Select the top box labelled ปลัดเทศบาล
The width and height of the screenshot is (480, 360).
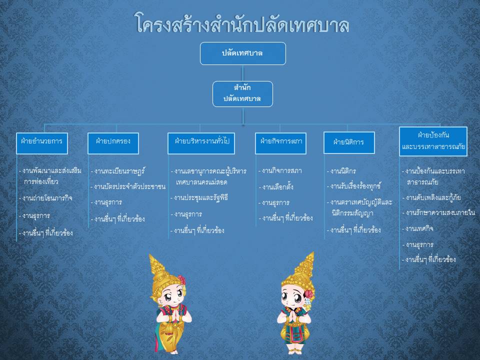tap(243, 53)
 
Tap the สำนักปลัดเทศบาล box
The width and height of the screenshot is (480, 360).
tap(242, 93)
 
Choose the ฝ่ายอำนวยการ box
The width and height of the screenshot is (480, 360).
tap(42, 143)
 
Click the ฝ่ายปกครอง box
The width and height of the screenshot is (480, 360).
tap(113, 143)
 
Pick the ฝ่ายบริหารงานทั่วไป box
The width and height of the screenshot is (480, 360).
tap(201, 143)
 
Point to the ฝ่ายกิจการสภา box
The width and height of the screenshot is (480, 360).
tap(280, 143)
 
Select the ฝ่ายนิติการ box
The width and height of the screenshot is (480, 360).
tap(349, 142)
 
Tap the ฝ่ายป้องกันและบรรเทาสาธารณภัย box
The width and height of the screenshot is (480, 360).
tap(433, 141)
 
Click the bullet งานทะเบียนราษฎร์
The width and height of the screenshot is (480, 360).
tap(117, 171)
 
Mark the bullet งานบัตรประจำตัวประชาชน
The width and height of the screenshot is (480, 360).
tap(128, 186)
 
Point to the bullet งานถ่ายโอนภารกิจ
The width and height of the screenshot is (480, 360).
tap(45, 198)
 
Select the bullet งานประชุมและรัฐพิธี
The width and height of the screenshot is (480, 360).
tap(199, 198)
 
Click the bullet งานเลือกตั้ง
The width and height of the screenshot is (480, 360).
tap(276, 186)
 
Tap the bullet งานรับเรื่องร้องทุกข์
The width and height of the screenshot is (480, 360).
tap(354, 186)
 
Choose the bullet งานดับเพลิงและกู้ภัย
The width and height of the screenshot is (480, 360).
tap(431, 197)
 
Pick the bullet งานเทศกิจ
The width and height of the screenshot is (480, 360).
tap(418, 228)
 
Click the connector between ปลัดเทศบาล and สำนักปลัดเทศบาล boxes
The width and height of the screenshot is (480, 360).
tap(243, 73)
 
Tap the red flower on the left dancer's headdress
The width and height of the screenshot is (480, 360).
tap(181, 280)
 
